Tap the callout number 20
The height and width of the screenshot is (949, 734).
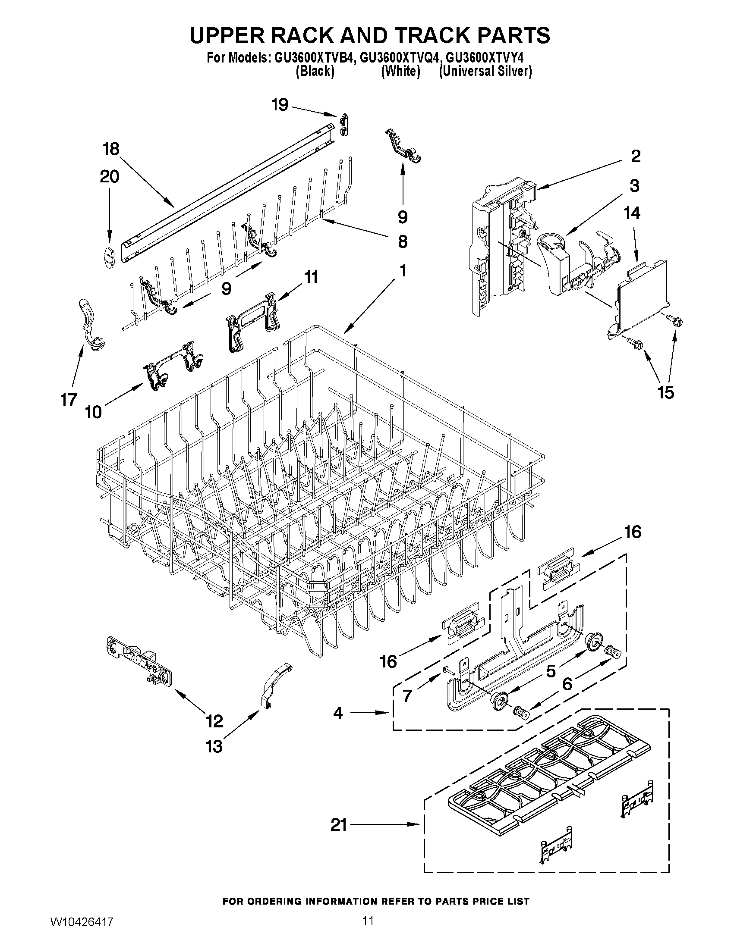click(109, 177)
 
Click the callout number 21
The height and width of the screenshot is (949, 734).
click(339, 824)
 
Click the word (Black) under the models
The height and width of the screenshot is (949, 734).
click(315, 71)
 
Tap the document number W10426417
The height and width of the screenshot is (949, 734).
click(82, 932)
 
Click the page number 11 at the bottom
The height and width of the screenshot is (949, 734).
click(368, 930)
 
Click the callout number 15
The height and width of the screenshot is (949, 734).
click(666, 392)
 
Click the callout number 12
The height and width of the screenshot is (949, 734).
click(214, 721)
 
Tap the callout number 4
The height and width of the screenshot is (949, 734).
click(338, 713)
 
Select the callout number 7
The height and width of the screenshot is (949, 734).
click(407, 695)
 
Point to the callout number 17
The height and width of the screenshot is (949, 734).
click(68, 399)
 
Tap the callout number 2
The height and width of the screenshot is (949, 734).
click(635, 156)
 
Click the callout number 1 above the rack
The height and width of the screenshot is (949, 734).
click(403, 271)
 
